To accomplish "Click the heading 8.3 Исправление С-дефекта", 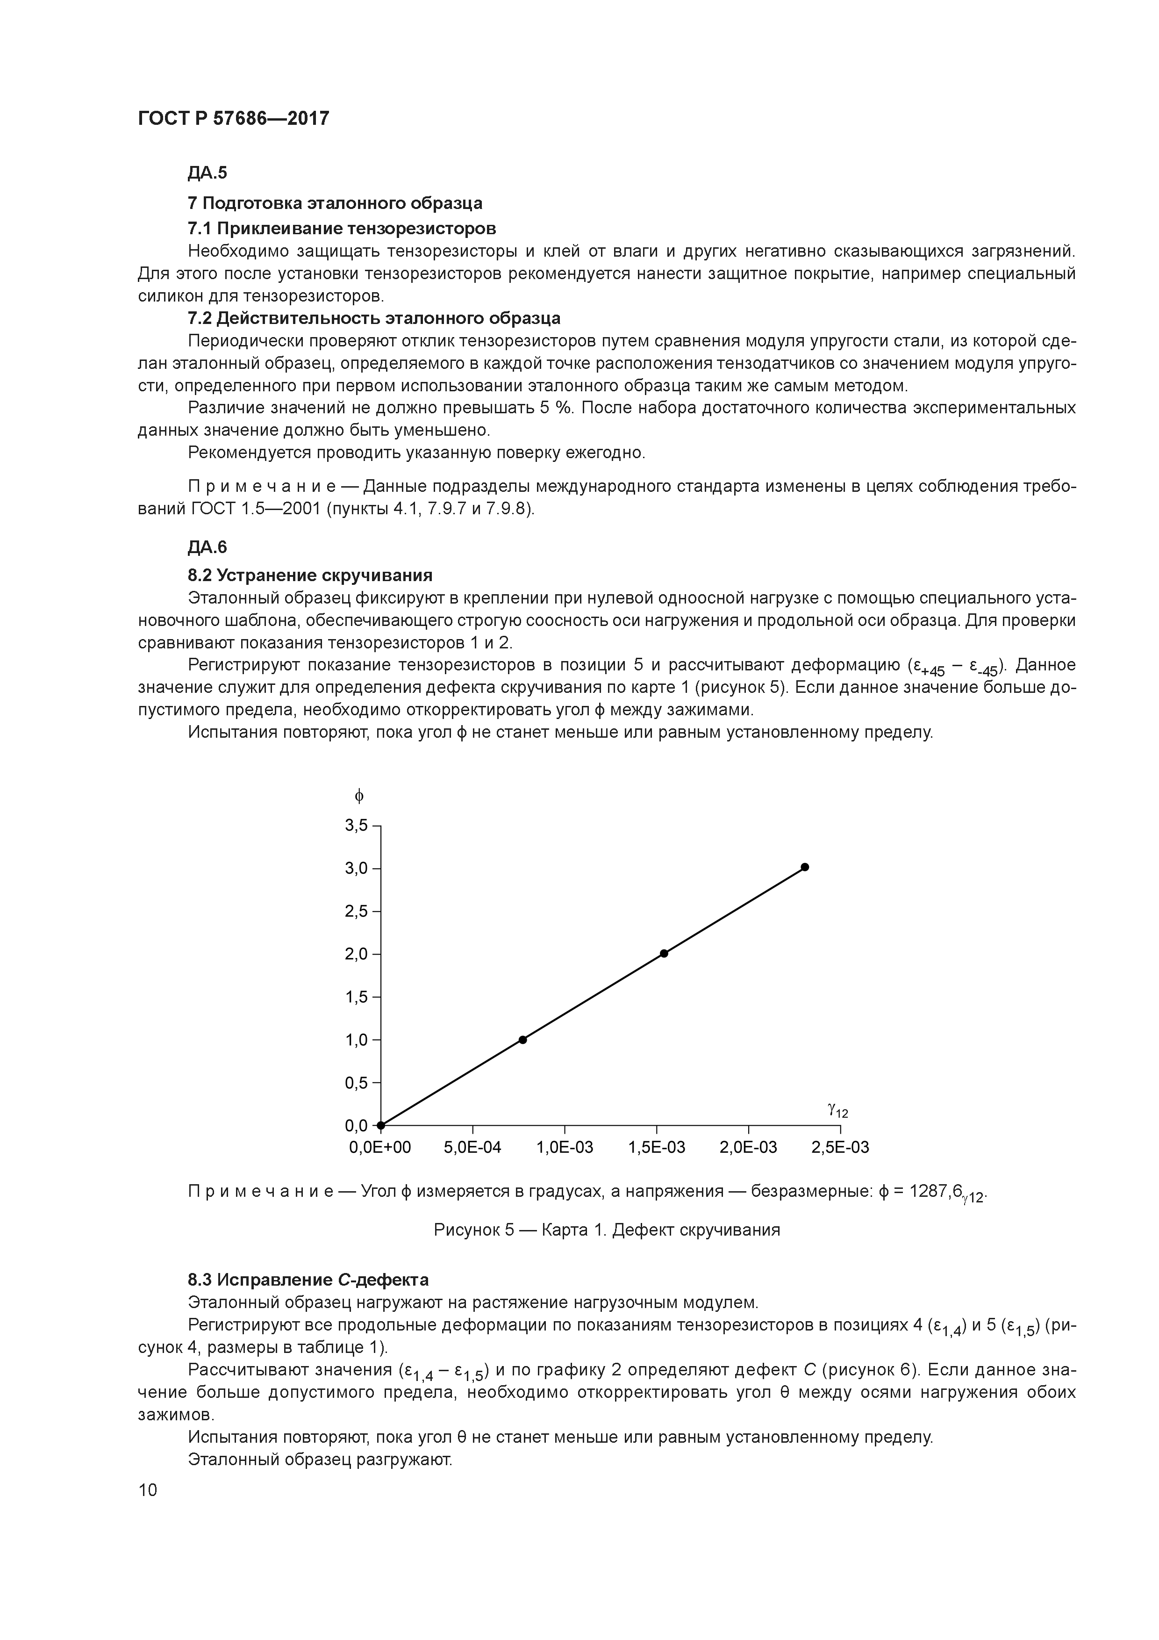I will tap(308, 1279).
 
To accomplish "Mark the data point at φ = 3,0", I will tap(805, 867).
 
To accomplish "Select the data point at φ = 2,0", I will tap(664, 953).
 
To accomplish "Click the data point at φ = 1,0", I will tap(523, 1039).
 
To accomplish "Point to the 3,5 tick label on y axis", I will tap(356, 825).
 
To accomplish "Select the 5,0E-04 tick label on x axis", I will tap(472, 1148).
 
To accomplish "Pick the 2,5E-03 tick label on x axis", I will tap(840, 1148).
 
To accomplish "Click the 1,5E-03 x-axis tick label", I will tap(656, 1148).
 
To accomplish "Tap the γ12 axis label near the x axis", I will tap(837, 1110).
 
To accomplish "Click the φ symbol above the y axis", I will tap(359, 795).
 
